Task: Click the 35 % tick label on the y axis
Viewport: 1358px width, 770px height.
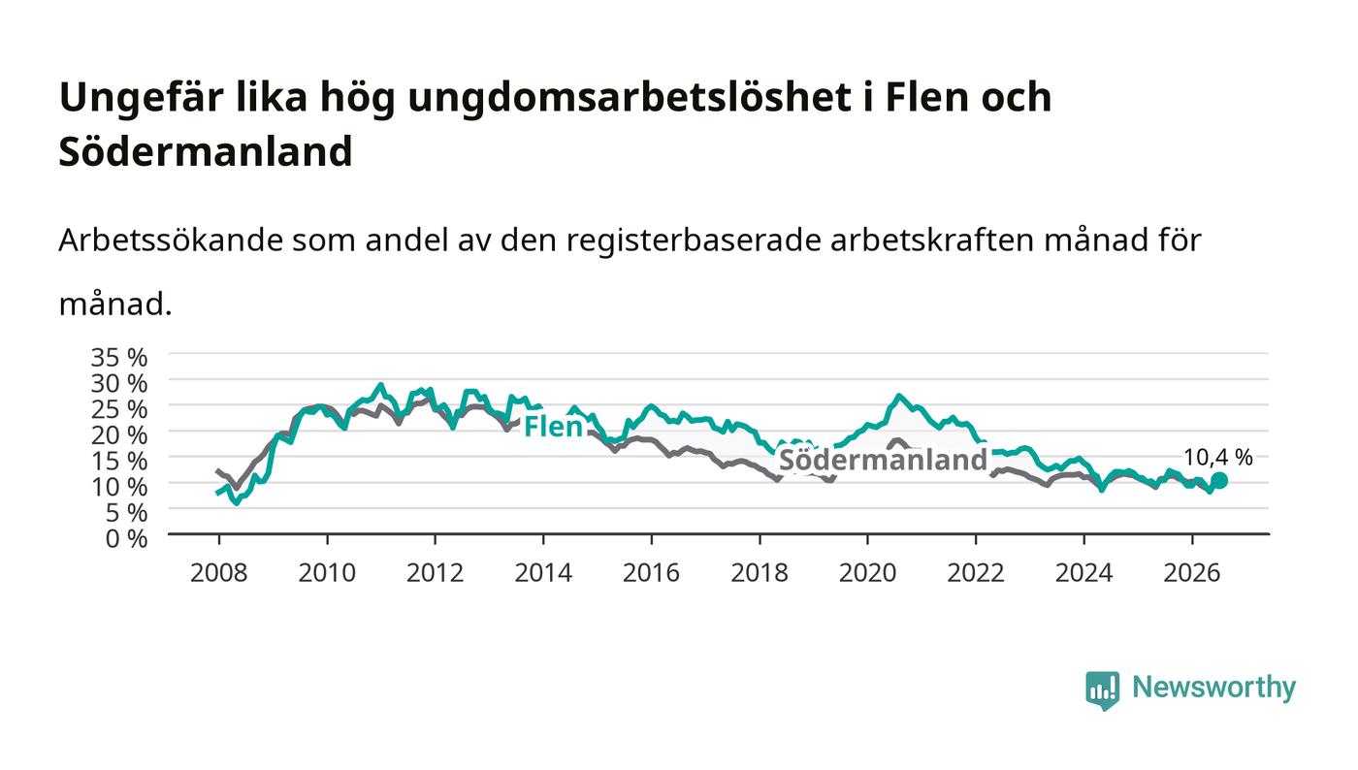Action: pyautogui.click(x=118, y=358)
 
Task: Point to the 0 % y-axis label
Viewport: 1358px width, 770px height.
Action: pyautogui.click(x=126, y=538)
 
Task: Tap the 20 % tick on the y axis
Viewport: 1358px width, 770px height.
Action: pyautogui.click(x=118, y=435)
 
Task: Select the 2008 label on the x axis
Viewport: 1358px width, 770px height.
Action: pyautogui.click(x=219, y=573)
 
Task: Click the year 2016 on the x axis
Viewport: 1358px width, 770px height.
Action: pyautogui.click(x=651, y=573)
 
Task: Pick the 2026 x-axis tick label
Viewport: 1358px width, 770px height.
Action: pyautogui.click(x=1192, y=573)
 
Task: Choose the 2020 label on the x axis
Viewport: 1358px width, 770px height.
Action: pyautogui.click(x=867, y=573)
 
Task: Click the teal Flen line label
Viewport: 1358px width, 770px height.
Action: pyautogui.click(x=553, y=427)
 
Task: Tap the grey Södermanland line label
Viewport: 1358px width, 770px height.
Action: pyautogui.click(x=884, y=460)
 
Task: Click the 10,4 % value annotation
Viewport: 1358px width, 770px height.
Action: pyautogui.click(x=1218, y=458)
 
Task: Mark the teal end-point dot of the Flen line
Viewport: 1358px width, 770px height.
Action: pyautogui.click(x=1219, y=481)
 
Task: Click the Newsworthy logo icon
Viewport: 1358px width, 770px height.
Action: pyautogui.click(x=1102, y=690)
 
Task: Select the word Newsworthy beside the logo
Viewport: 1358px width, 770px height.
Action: pyautogui.click(x=1213, y=688)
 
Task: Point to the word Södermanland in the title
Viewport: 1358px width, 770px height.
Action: pyautogui.click(x=206, y=151)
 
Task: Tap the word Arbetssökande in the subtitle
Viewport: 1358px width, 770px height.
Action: pyautogui.click(x=171, y=241)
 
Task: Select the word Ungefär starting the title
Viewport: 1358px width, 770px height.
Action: pyautogui.click(x=142, y=98)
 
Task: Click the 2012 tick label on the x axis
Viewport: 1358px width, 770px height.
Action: pyautogui.click(x=435, y=573)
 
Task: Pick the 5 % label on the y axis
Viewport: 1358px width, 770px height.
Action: pyautogui.click(x=126, y=513)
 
